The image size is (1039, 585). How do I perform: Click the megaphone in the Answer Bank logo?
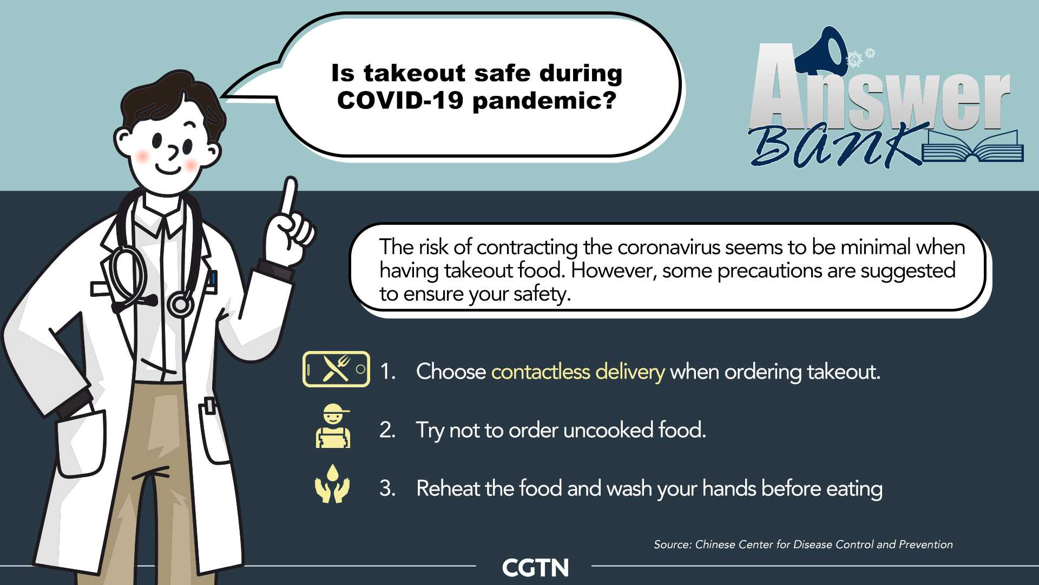821,51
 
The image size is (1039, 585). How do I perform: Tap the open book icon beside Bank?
972,147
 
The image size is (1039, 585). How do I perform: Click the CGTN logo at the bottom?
535,568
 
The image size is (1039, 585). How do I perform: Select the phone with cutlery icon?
336,369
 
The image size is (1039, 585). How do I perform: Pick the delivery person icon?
333,426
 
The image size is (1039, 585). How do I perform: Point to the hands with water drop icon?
332,484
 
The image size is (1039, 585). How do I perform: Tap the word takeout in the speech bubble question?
415,73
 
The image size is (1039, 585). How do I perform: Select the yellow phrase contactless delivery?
578,372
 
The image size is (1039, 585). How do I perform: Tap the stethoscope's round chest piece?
180,304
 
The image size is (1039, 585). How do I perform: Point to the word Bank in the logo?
838,145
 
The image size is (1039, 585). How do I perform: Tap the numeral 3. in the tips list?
387,488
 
